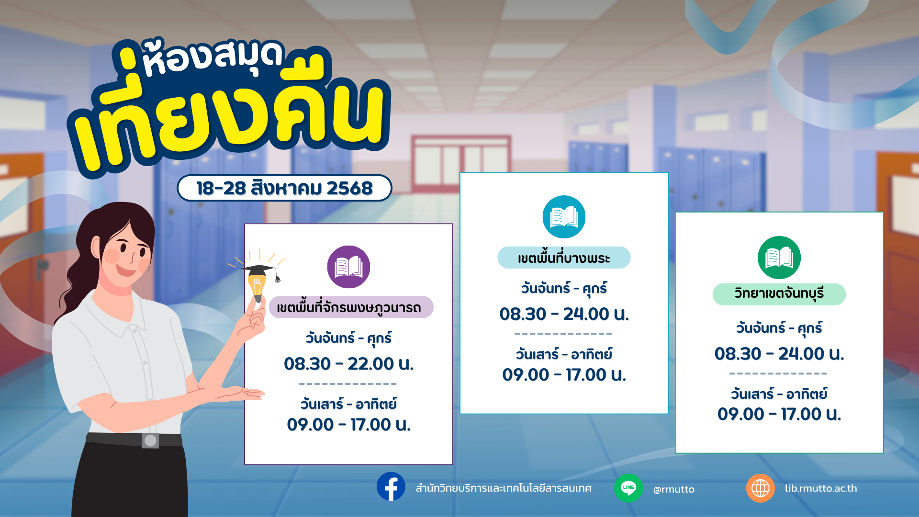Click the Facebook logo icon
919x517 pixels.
391,487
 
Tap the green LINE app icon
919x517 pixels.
628,488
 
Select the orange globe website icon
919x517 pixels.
761,488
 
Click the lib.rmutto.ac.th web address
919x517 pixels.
821,488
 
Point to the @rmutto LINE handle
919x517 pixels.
674,489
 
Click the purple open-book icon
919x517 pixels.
348,267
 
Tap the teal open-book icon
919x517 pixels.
564,217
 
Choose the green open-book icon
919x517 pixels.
779,258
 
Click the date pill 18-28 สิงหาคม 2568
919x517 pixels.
284,188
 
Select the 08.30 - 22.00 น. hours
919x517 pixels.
348,364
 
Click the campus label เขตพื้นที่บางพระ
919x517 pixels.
564,258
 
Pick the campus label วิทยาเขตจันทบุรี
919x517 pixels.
779,294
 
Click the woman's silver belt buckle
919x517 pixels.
150,440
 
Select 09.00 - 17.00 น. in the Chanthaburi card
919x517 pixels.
779,414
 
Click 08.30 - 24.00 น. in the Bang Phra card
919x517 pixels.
564,314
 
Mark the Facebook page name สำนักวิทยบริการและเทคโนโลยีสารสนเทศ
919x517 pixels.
504,488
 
